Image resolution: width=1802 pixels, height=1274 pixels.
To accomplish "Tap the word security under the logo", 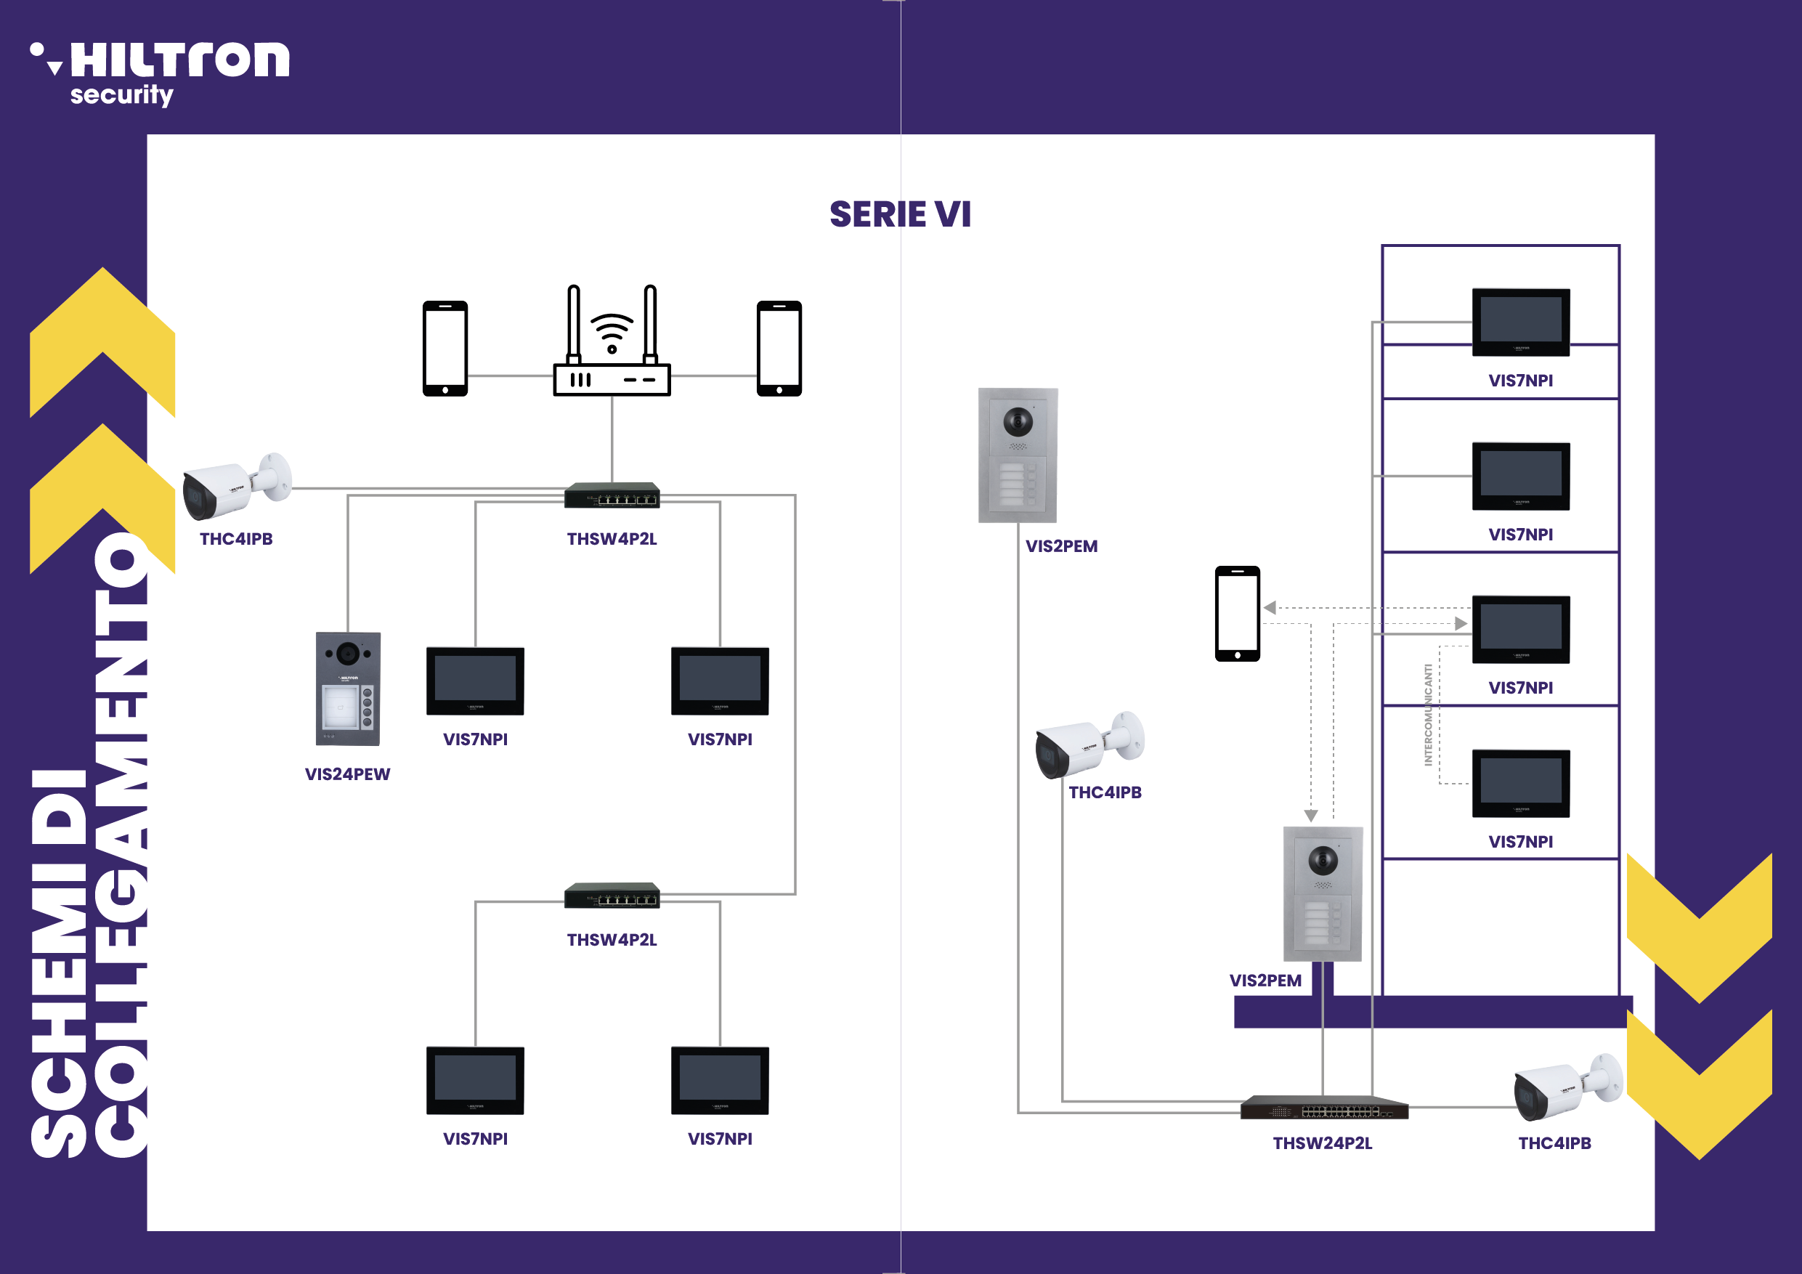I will (x=121, y=95).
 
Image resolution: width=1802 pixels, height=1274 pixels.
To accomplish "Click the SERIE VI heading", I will (x=900, y=214).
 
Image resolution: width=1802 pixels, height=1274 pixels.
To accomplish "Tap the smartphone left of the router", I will (x=445, y=349).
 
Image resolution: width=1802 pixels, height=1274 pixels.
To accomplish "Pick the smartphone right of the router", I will (x=779, y=349).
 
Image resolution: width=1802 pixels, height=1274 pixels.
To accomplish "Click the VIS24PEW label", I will (x=347, y=774).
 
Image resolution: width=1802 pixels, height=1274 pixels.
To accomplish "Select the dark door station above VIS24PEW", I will (x=348, y=689).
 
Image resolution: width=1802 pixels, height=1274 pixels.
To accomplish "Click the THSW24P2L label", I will (x=1323, y=1143).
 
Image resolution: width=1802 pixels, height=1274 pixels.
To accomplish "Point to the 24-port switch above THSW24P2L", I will (x=1324, y=1108).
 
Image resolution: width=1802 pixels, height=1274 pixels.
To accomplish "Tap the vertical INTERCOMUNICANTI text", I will (x=1429, y=714).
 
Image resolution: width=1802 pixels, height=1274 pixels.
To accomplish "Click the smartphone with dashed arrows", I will (x=1237, y=614).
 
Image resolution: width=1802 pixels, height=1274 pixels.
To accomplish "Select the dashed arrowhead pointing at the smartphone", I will (x=1270, y=607).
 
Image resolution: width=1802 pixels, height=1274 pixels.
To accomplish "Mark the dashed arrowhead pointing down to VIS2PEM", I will (x=1311, y=816).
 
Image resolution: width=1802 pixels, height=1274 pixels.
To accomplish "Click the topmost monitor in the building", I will (x=1520, y=322).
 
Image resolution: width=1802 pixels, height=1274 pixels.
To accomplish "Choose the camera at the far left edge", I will (x=235, y=487).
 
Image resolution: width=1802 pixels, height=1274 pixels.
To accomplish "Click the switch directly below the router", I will (x=612, y=495).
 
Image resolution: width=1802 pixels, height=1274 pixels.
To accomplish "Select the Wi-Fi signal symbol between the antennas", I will (x=612, y=333).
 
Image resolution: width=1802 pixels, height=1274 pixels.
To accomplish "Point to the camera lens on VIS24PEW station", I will (x=348, y=652).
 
